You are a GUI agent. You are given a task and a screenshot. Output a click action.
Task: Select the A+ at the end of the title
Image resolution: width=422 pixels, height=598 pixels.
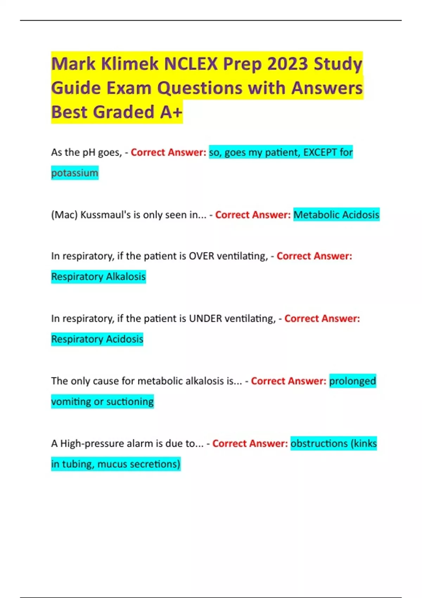[171, 112]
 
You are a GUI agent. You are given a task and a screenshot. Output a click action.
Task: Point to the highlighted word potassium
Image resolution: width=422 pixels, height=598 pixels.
[75, 173]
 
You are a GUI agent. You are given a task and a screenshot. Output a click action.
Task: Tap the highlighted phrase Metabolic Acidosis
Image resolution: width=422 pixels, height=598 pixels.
[336, 215]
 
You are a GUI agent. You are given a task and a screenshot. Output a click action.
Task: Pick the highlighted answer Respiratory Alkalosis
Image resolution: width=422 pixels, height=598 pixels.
[98, 277]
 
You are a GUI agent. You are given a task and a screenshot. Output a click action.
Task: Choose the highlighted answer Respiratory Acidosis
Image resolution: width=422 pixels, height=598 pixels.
[97, 339]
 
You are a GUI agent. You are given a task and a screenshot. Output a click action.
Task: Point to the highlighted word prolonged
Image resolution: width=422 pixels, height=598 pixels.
[352, 381]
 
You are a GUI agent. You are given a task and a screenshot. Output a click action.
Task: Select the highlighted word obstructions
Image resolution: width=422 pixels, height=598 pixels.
[319, 444]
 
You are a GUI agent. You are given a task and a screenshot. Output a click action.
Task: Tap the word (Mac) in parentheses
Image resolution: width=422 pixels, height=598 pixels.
[64, 215]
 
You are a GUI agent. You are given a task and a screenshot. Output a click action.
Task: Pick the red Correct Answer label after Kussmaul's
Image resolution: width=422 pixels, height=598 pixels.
[253, 215]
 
